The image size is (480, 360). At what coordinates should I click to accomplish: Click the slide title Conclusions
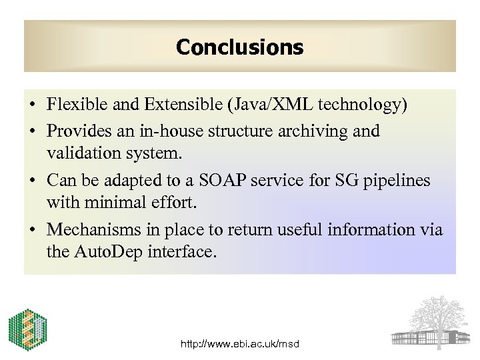(x=239, y=47)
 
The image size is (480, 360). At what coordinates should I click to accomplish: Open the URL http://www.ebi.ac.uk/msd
(x=240, y=344)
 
